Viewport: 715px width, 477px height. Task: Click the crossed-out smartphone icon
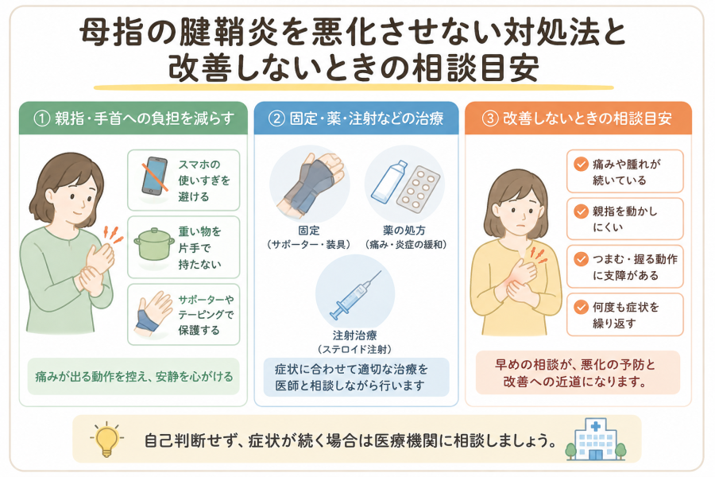tap(154, 177)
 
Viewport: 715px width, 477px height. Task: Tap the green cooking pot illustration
tap(153, 245)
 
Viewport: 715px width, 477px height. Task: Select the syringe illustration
tap(356, 295)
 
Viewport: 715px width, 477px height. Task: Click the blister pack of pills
tap(418, 190)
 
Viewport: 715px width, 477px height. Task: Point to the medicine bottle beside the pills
tap(388, 182)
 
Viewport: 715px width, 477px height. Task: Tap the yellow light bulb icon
tap(107, 439)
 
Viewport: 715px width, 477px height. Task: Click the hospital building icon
tap(596, 440)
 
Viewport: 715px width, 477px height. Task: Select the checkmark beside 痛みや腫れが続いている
tap(581, 164)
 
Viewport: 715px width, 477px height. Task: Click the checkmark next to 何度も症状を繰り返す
tap(581, 307)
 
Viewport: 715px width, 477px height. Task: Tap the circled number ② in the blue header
tap(276, 118)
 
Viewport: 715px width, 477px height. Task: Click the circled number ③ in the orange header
tap(490, 118)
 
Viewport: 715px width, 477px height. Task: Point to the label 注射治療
tap(355, 335)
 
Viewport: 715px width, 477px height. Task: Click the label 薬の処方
tap(404, 231)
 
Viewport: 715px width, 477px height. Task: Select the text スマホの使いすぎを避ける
tap(204, 180)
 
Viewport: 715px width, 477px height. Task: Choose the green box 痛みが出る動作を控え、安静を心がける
tap(133, 377)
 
